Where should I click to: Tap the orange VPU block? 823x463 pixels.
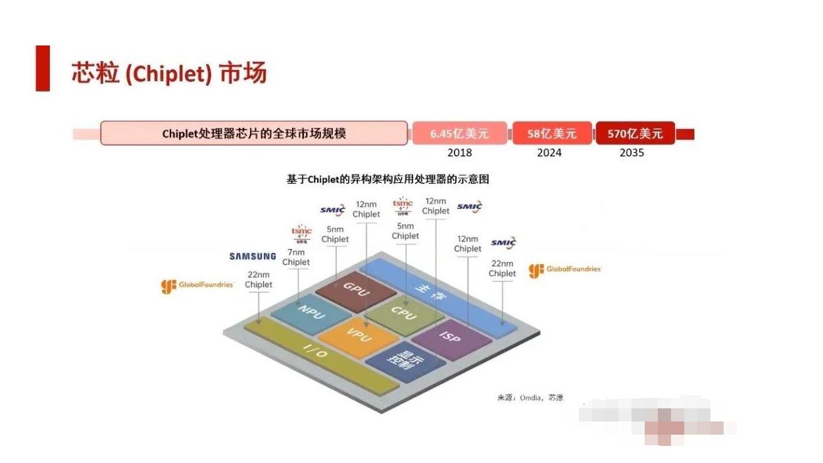pos(360,335)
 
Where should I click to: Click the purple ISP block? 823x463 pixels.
pos(451,338)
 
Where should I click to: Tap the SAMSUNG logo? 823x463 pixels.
pos(253,256)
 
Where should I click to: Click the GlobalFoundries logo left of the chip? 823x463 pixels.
pos(197,285)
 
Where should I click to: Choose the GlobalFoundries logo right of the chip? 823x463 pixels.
pos(565,269)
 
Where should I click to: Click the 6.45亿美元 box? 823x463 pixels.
pos(459,134)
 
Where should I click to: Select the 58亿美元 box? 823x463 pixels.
pos(551,134)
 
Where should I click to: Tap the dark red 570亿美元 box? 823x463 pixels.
pos(635,134)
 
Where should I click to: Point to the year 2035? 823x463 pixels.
pos(632,153)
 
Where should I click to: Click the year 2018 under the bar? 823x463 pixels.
pos(459,153)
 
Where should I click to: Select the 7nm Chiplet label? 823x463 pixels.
pos(296,257)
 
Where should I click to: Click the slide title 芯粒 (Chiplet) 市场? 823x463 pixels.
pos(169,74)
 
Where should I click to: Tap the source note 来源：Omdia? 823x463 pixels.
pos(530,398)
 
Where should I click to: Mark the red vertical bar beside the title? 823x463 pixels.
pos(43,68)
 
